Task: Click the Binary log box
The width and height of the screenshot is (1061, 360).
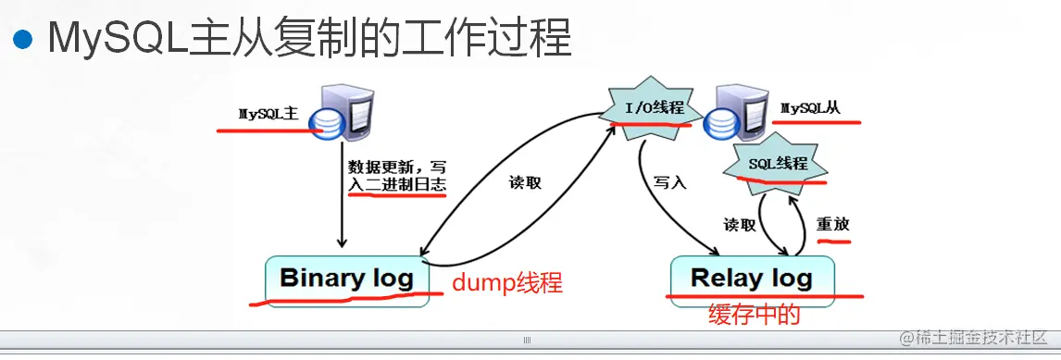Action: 346,278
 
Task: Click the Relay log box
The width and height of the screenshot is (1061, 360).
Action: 751,277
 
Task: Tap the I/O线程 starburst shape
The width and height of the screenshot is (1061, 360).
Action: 655,108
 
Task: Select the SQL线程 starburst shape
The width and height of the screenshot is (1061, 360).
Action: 777,164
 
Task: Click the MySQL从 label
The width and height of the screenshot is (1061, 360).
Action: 810,108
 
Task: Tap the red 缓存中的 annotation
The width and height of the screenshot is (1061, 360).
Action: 753,315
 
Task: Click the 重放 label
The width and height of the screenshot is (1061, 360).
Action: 832,224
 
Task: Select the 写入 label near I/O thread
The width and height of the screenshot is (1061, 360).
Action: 669,182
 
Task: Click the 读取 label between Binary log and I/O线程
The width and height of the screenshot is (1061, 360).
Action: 524,182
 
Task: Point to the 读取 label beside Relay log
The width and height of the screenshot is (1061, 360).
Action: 739,225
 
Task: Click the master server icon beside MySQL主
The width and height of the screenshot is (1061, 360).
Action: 343,114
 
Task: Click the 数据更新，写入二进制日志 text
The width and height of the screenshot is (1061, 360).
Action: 397,176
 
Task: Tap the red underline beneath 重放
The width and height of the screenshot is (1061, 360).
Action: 833,239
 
